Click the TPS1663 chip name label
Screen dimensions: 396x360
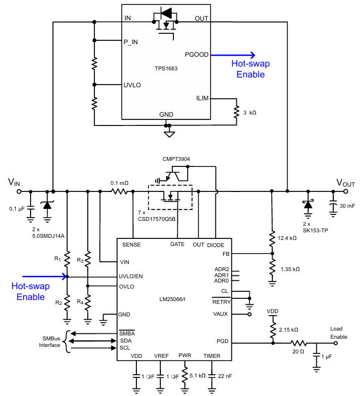(x=166, y=69)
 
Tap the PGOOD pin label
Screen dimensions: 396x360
(x=196, y=55)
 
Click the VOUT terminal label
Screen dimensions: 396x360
(x=345, y=183)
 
